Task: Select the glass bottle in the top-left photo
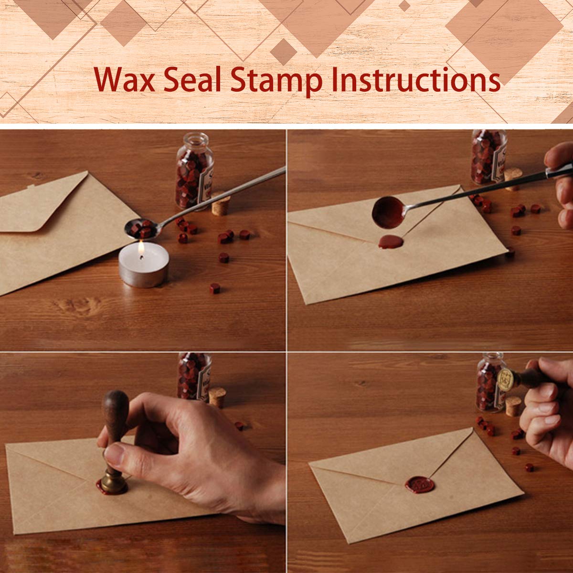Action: tap(193, 172)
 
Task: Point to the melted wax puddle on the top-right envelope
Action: tap(391, 242)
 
